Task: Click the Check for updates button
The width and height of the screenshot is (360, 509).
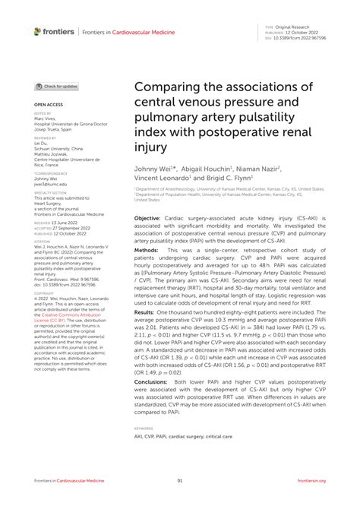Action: [x=57, y=87]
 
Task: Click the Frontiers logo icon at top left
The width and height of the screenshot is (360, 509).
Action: [x=38, y=31]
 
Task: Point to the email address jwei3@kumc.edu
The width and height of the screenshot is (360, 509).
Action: [x=50, y=184]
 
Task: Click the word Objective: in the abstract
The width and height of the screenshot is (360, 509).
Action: [x=147, y=217]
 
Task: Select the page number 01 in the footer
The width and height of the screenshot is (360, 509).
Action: [x=180, y=480]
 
